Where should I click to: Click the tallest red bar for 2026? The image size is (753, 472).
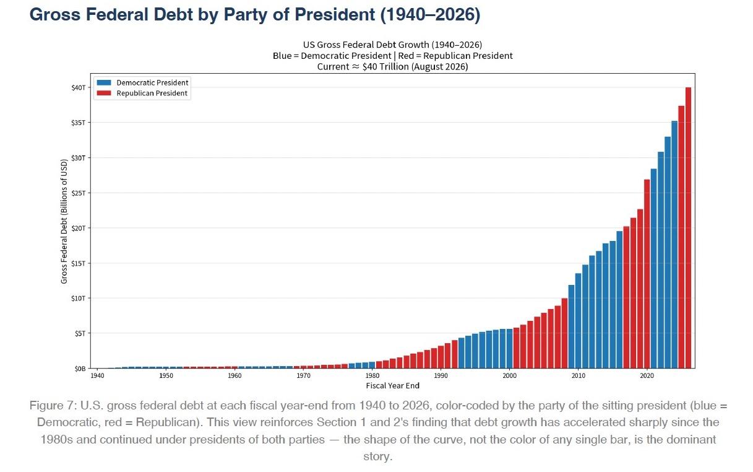[x=688, y=228]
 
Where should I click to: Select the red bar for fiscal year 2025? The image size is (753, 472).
[x=681, y=237]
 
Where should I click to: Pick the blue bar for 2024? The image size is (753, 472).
[x=674, y=245]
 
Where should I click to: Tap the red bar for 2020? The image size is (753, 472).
[x=647, y=274]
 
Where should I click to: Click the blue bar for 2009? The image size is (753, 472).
[x=572, y=326]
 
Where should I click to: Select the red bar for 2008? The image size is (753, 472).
[x=564, y=333]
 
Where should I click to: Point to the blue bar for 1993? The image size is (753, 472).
[x=462, y=353]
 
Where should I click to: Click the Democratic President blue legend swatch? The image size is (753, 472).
[x=104, y=83]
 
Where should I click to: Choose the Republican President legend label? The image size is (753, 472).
[x=152, y=93]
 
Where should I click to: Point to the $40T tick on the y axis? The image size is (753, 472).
[x=79, y=88]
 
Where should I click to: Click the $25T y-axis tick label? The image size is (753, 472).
[x=79, y=193]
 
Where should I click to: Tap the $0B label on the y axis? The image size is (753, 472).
[x=80, y=369]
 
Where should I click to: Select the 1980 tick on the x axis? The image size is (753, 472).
[x=372, y=376]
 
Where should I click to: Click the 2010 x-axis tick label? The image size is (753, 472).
[x=578, y=376]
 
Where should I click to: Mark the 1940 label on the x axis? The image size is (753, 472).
[x=98, y=376]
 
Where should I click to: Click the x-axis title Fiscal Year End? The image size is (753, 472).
[x=393, y=386]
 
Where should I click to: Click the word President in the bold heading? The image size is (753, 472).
[x=335, y=14]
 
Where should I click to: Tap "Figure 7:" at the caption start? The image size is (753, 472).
[x=53, y=406]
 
